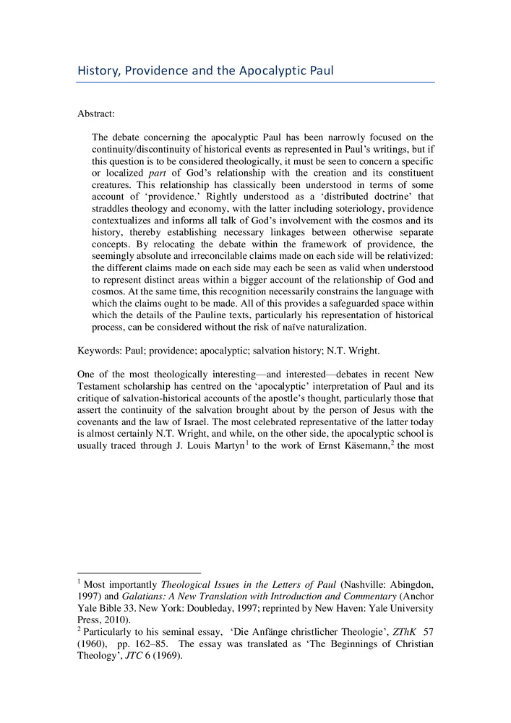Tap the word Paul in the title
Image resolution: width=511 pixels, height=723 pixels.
(319, 71)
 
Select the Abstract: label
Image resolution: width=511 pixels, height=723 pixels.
(96, 114)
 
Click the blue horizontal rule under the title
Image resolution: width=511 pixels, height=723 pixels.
(255, 82)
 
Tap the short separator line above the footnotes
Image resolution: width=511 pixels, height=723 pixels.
(138, 572)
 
